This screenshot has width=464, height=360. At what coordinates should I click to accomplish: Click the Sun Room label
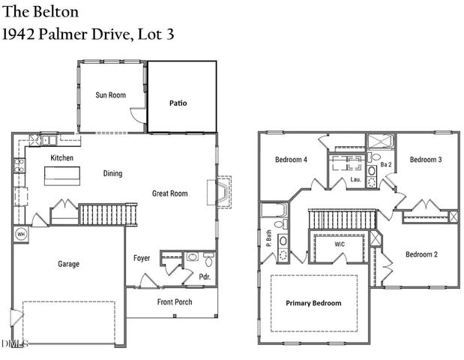(x=110, y=95)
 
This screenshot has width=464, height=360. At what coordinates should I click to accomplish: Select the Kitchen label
(x=61, y=158)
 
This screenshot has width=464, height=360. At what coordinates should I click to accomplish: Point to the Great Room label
(x=169, y=193)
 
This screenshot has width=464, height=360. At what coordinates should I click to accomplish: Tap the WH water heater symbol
(x=19, y=234)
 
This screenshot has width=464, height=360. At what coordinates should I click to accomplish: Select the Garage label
(x=68, y=264)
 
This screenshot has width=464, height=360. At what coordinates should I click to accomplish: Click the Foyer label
(x=142, y=259)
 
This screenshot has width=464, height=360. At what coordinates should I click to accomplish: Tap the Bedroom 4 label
(x=291, y=160)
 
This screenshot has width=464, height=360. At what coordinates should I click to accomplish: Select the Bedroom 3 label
(x=425, y=160)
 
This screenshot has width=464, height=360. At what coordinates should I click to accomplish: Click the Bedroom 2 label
(x=421, y=254)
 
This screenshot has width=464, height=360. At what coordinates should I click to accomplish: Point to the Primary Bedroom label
(x=313, y=303)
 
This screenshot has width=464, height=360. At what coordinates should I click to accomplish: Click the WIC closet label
(x=340, y=244)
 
